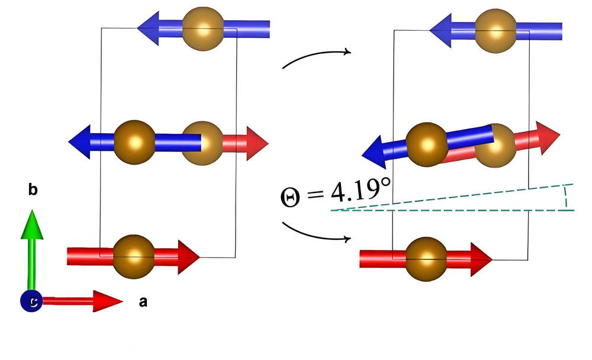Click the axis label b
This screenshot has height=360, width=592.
pyautogui.click(x=34, y=191)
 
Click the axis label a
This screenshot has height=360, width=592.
pyautogui.click(x=142, y=303)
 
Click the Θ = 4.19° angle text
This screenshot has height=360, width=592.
pyautogui.click(x=336, y=194)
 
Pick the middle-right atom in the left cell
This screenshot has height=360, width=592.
pyautogui.click(x=201, y=143)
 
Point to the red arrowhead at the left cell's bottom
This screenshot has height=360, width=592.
pyautogui.click(x=189, y=256)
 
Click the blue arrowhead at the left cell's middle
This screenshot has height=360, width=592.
pyautogui.click(x=81, y=142)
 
